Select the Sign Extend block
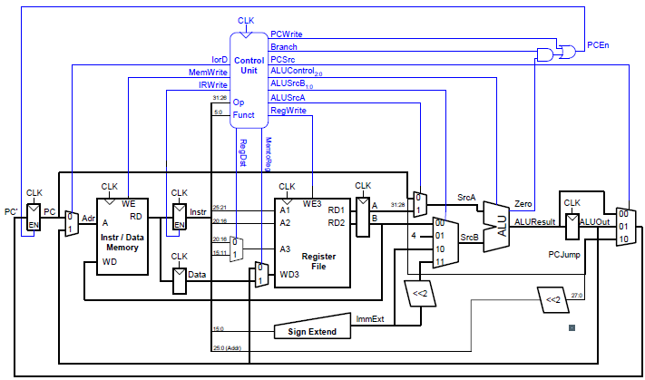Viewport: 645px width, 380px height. coord(312,332)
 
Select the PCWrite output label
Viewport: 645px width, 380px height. coord(287,34)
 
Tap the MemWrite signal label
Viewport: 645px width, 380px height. coord(208,71)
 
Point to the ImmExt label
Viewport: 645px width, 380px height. coord(370,319)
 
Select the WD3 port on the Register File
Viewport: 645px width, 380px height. coord(289,274)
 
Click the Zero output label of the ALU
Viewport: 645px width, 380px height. coord(523,203)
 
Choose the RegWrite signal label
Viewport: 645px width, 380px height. coord(288,111)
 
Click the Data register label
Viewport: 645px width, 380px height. coord(197,274)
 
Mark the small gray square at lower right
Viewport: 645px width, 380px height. coord(572,327)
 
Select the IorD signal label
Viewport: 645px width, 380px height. coord(219,59)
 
